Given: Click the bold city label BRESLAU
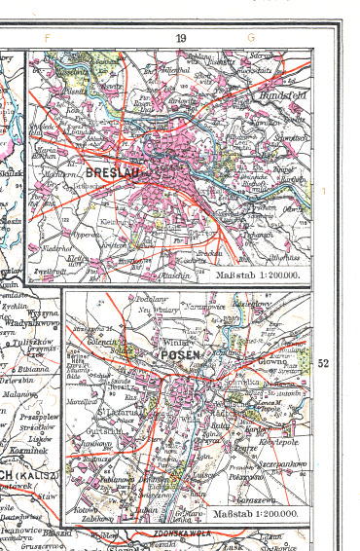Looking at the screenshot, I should coord(114,171).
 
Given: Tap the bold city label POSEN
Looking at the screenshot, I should coord(182,354).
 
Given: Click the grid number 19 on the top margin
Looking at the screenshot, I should coord(181,38).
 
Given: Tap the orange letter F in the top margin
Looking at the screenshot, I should coord(46,38).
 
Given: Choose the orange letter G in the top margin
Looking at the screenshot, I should coord(250,38).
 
